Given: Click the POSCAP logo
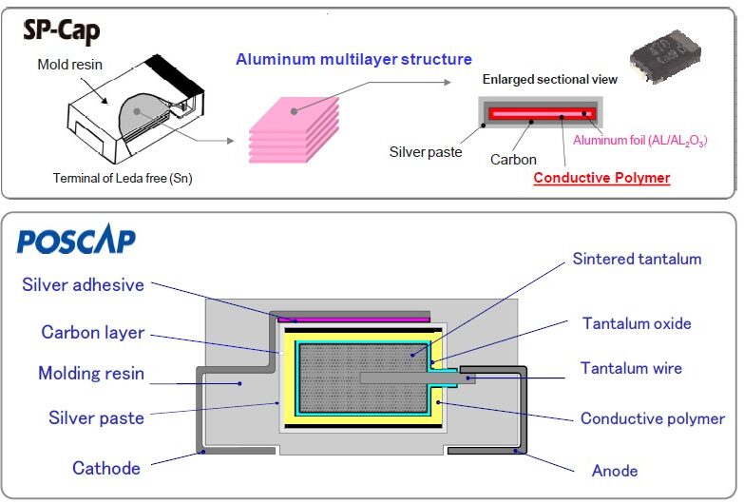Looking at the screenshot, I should point(76,240).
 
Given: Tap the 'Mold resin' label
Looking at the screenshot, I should point(68,65).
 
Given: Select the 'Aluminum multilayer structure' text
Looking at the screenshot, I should point(353,60).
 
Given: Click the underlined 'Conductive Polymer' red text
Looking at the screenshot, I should point(601,178).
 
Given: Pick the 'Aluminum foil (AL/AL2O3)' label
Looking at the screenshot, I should point(640,141).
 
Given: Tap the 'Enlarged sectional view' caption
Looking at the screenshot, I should point(549,79).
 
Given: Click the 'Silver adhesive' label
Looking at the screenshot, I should point(83,285).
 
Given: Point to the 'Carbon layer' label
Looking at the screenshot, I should point(92,333).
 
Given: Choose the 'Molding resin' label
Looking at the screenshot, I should point(91,373).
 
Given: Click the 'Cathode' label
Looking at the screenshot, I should point(106,467).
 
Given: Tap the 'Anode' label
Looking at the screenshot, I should point(614,470).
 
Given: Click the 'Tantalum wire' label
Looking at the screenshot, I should point(631,368).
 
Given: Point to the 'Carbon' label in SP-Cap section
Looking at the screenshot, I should point(513,160).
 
